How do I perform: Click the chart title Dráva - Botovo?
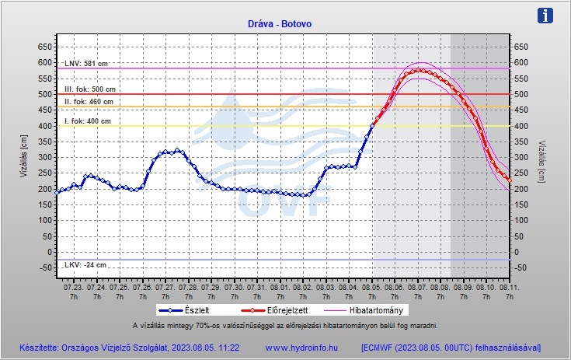point(284,24)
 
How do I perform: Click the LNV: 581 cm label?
point(86,63)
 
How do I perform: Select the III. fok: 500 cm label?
point(89,89)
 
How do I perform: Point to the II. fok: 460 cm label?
point(89,102)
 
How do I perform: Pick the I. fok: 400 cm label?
point(87,121)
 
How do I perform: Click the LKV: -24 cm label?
point(85,265)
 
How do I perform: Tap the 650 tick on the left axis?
point(44,47)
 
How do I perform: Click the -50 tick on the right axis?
point(522,268)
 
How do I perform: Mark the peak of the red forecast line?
point(418,70)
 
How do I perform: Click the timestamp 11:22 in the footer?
point(228,347)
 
